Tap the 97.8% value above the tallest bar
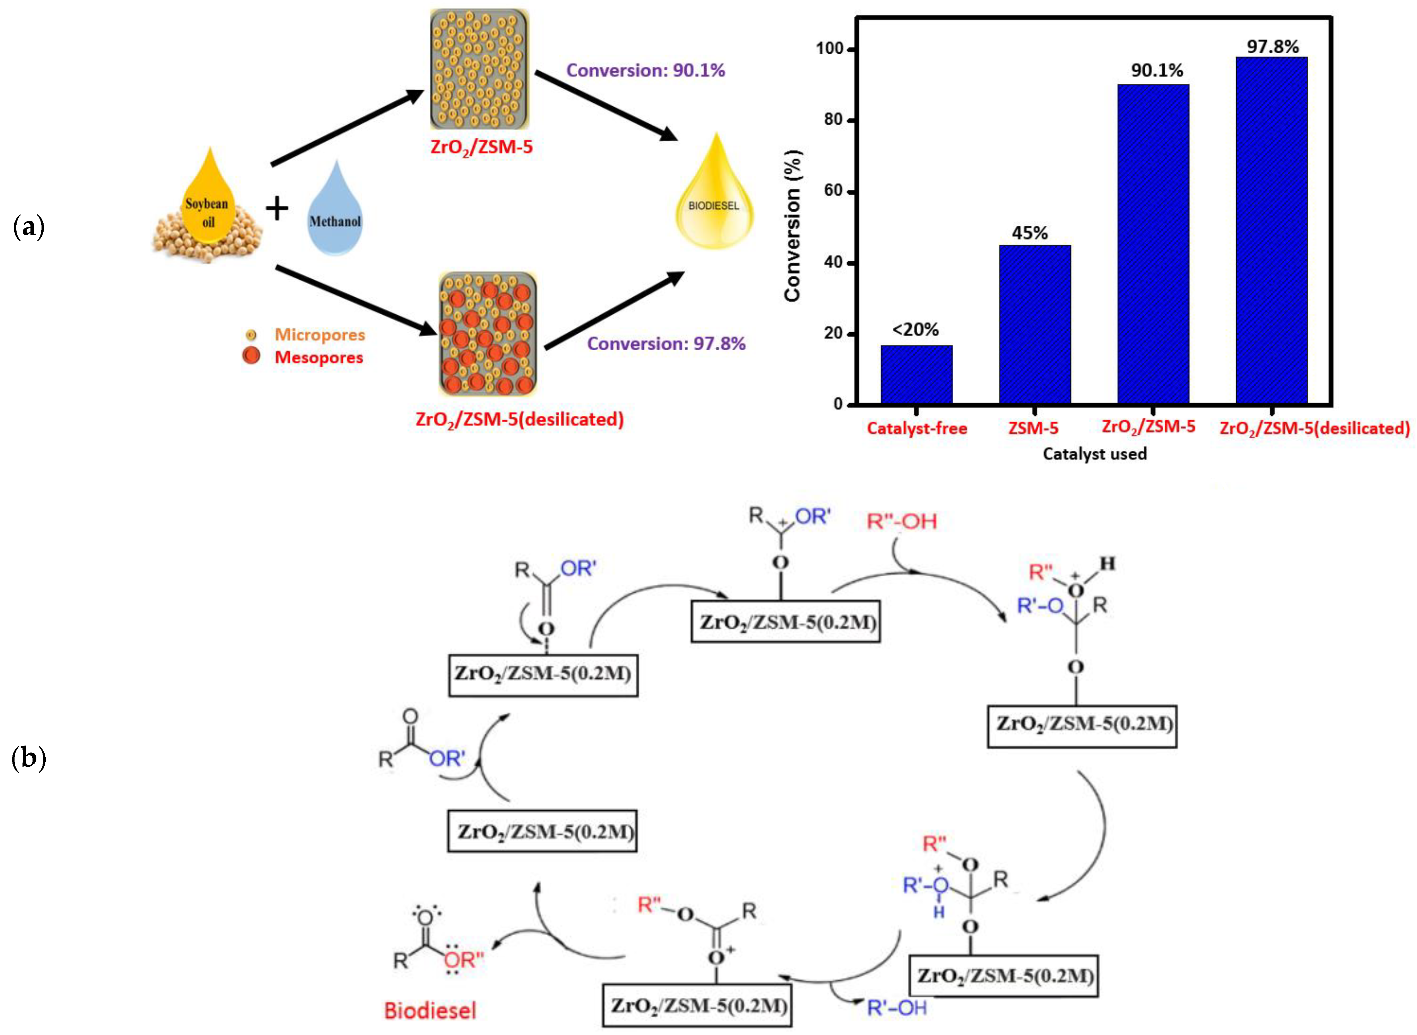pos(1272,46)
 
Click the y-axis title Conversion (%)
pos(793,226)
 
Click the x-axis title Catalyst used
pos(1094,453)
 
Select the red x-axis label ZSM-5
pos(1033,429)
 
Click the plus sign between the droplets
pos(277,209)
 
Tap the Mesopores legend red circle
pos(251,356)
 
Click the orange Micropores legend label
pos(319,335)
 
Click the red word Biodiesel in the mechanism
pos(430,1010)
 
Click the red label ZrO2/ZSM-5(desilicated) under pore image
pos(519,419)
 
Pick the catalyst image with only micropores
pos(479,69)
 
